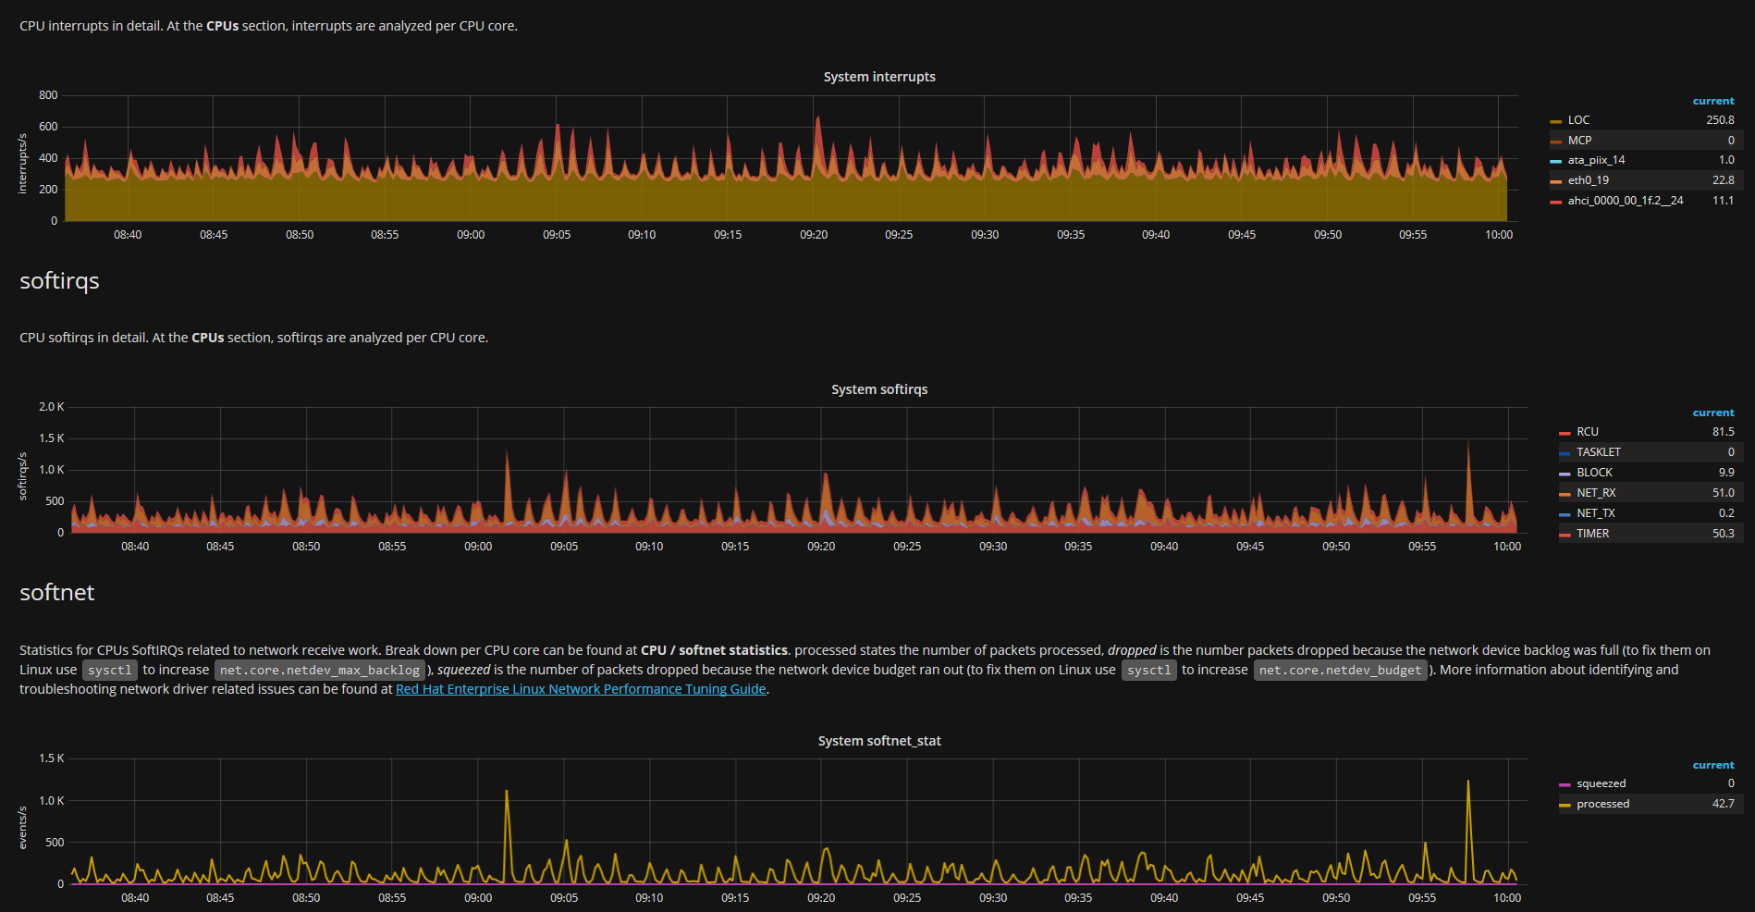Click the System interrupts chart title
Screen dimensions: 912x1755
click(x=878, y=77)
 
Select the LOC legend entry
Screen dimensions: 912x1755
click(x=1578, y=120)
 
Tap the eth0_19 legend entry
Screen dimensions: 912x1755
click(x=1588, y=180)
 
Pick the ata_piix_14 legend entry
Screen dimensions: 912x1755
click(x=1596, y=160)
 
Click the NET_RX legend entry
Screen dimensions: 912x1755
click(x=1596, y=493)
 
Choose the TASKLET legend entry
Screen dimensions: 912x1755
click(x=1598, y=452)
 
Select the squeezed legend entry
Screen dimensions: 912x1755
click(x=1601, y=783)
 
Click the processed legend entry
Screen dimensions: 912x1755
click(x=1602, y=804)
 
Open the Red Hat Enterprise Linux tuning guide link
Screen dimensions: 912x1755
click(x=581, y=689)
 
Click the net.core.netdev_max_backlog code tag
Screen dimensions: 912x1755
click(x=320, y=670)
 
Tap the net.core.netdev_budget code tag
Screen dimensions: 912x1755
click(x=1340, y=670)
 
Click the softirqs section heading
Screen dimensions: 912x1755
click(x=59, y=281)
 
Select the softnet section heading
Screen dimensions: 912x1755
click(x=57, y=593)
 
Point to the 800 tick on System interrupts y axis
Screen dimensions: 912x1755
click(x=48, y=95)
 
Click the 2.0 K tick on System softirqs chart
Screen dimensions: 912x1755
click(x=52, y=407)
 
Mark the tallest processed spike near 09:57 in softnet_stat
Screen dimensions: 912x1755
click(x=1467, y=782)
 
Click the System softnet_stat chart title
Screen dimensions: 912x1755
click(x=878, y=741)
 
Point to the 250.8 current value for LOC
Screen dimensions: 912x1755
click(x=1720, y=120)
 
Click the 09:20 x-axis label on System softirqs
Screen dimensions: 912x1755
click(x=820, y=547)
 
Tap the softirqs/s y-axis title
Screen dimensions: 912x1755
click(x=23, y=476)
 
